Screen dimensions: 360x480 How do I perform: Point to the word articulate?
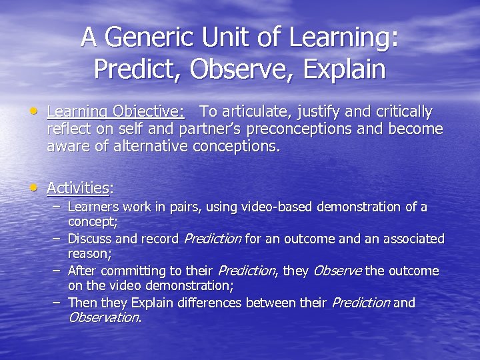tap(253, 111)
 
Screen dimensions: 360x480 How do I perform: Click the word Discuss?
tap(89, 239)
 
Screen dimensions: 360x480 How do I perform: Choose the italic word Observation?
tap(104, 317)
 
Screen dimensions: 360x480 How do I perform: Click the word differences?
tap(211, 303)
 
